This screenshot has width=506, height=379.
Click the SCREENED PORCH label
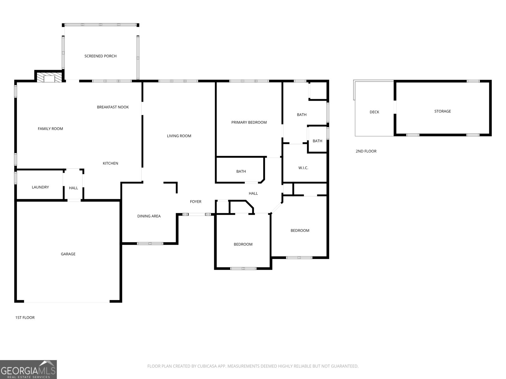click(x=100, y=56)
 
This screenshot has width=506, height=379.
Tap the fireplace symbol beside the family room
click(x=49, y=78)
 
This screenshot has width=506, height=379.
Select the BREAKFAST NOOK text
click(x=113, y=107)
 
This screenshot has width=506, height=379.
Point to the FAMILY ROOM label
click(x=50, y=129)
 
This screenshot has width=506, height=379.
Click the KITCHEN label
click(x=110, y=163)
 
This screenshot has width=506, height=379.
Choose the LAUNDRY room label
click(x=40, y=187)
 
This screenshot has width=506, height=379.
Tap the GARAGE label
click(x=68, y=254)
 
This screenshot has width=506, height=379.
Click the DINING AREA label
click(x=149, y=216)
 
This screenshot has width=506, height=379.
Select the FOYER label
click(x=195, y=202)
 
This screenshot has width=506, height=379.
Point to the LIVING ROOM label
click(x=179, y=136)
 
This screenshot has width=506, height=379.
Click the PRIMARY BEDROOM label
click(x=249, y=122)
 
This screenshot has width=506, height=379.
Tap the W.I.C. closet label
click(x=303, y=168)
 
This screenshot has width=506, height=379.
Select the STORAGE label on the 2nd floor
click(x=442, y=111)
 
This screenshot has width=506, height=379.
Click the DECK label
click(x=374, y=112)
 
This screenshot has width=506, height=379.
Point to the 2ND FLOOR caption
click(x=366, y=151)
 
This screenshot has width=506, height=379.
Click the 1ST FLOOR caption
click(x=25, y=317)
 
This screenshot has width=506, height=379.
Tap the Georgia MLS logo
click(x=28, y=369)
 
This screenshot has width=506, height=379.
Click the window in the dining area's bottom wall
click(x=150, y=243)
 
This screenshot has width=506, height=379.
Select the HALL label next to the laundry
click(x=73, y=188)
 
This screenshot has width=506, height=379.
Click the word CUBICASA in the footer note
click(x=207, y=366)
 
